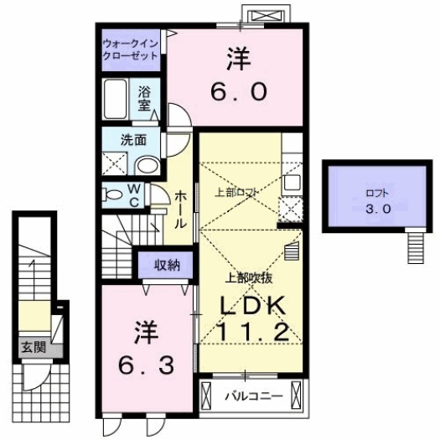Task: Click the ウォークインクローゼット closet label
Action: coord(130,49)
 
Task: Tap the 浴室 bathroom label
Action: coord(144,99)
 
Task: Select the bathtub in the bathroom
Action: coord(116,101)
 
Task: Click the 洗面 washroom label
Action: coord(133,140)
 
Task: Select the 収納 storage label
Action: coord(166,267)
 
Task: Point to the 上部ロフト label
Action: coord(236,191)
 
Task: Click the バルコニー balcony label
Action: coord(250,396)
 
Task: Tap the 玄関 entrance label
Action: coord(32,345)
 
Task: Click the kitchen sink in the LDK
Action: coord(292,182)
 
